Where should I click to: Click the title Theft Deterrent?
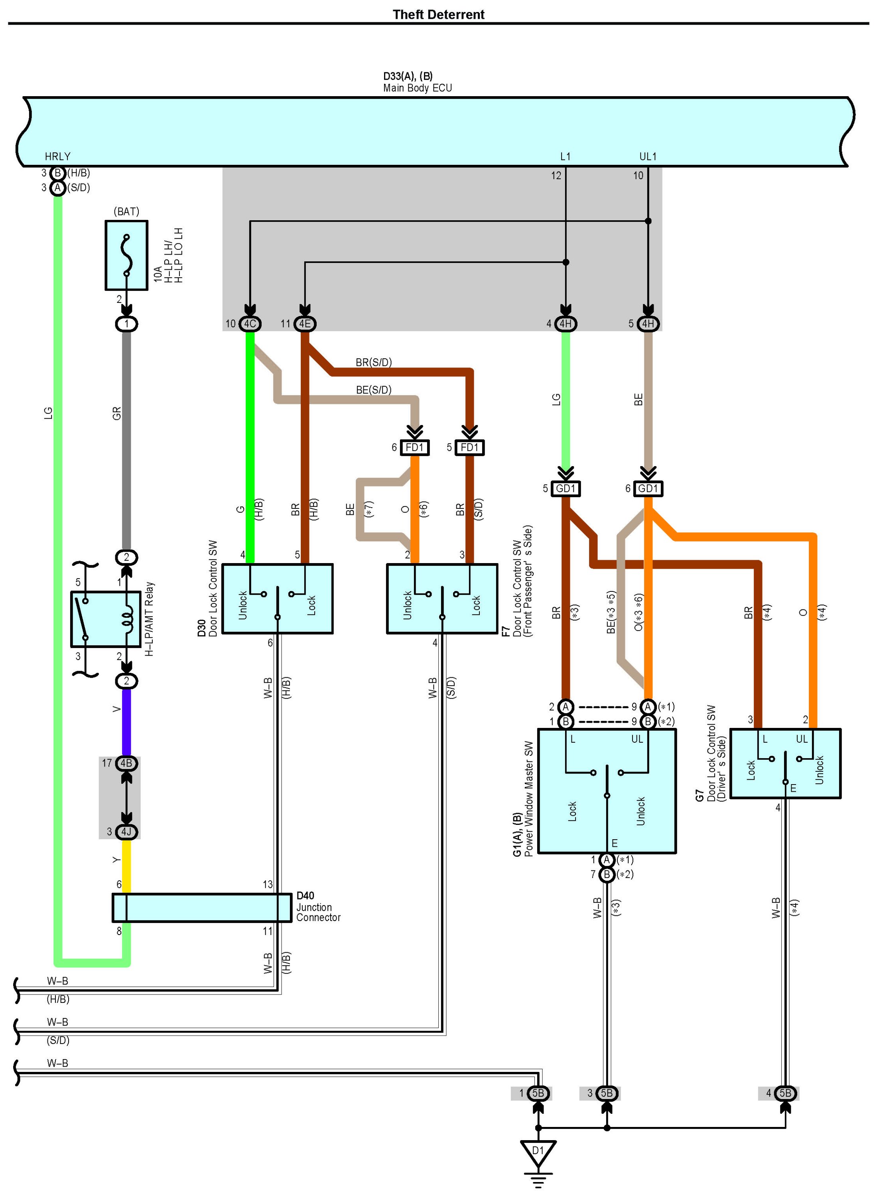click(x=438, y=14)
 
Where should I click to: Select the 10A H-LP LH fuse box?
click(x=127, y=255)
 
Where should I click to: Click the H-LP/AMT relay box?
click(x=106, y=619)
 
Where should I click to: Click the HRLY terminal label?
click(x=57, y=156)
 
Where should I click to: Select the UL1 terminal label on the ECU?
click(x=648, y=156)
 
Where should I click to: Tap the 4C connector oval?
click(x=250, y=324)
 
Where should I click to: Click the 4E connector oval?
click(x=305, y=324)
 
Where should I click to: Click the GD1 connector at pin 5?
click(x=566, y=488)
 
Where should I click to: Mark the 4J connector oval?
click(x=126, y=831)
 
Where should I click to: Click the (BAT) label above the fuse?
click(x=127, y=212)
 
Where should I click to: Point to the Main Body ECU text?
click(x=418, y=88)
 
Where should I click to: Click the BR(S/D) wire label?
click(x=374, y=362)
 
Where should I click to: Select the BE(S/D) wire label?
click(x=374, y=389)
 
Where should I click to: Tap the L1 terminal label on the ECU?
click(x=565, y=156)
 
